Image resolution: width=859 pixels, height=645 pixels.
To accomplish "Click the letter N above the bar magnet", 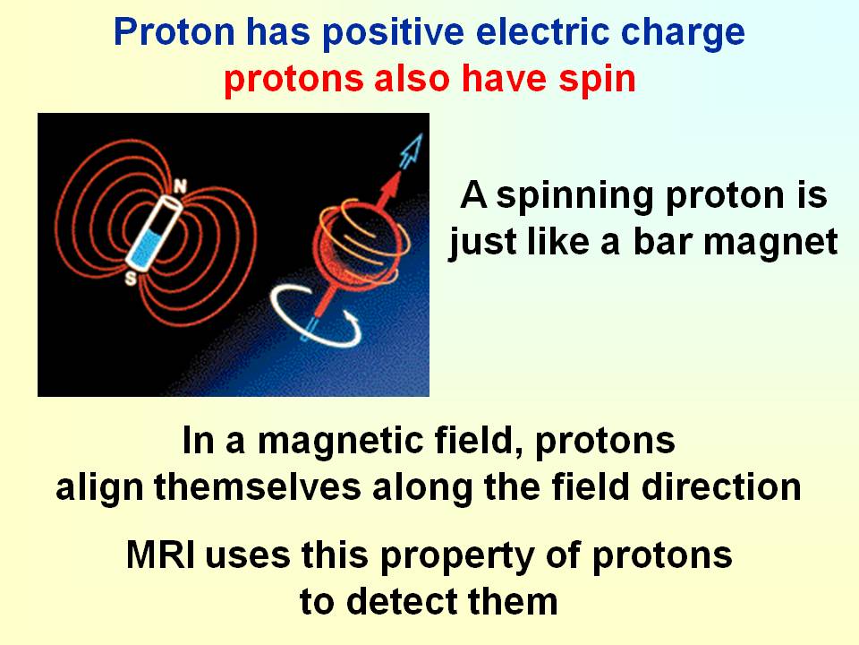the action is coord(180,187).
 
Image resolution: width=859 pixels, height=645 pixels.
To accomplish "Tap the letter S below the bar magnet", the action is coord(131,279).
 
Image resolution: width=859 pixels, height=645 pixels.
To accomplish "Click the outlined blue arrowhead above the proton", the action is coord(412,150).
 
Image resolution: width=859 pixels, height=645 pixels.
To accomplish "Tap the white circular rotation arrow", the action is coord(316,315).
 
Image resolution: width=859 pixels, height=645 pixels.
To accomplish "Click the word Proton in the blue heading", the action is coord(174,32).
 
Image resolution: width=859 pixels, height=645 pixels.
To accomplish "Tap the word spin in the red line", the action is coord(597,80).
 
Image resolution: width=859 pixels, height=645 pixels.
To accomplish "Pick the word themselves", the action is coord(258,486).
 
